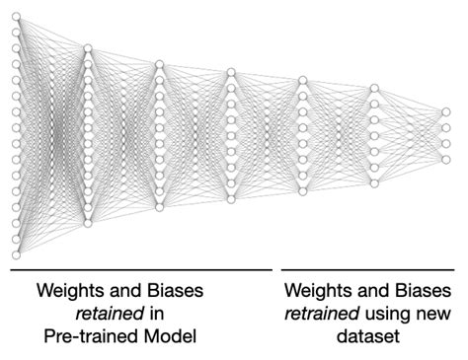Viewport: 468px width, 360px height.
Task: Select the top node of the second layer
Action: (x=88, y=47)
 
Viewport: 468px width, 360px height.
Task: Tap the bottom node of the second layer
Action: (x=88, y=224)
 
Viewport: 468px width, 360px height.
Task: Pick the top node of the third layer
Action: (x=159, y=64)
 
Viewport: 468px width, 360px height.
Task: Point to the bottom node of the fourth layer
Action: (x=231, y=199)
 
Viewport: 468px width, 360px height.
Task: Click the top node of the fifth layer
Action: (x=302, y=80)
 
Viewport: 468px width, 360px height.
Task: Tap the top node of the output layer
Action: (x=445, y=111)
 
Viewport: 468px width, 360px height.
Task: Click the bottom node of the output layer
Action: (x=445, y=159)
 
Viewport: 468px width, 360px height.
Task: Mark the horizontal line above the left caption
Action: (x=141, y=268)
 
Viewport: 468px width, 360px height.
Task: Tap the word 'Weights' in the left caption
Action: (x=69, y=292)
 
